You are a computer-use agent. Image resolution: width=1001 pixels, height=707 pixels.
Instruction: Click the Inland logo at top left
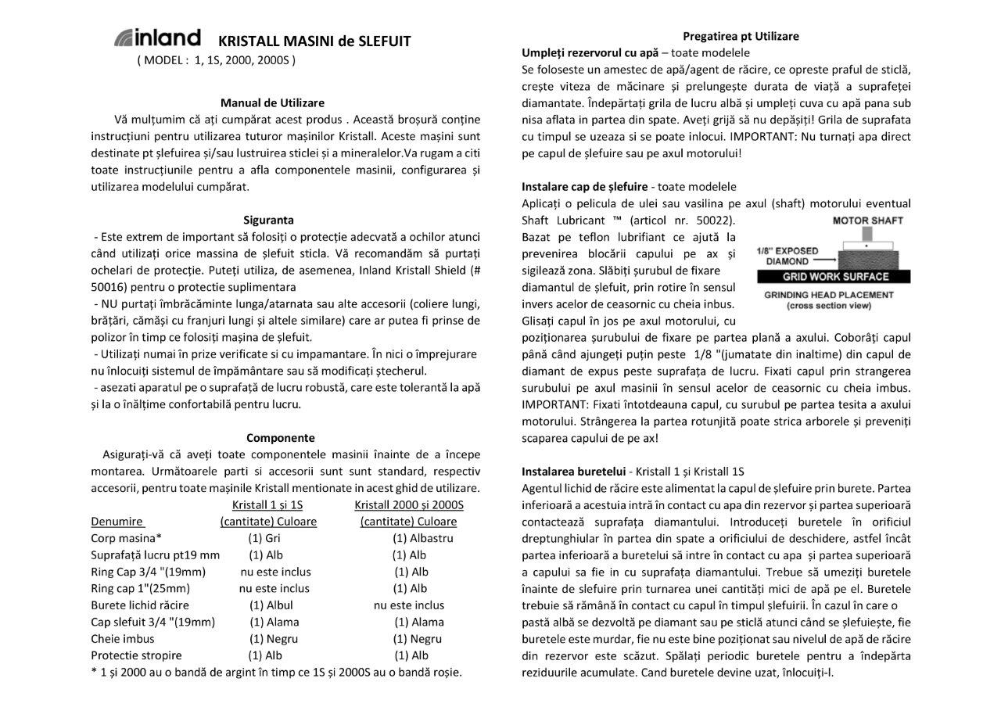pyautogui.click(x=157, y=38)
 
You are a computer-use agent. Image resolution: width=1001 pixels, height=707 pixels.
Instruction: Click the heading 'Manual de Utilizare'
pyautogui.click(x=272, y=102)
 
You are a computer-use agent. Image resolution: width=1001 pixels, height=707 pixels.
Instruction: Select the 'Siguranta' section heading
pyautogui.click(x=268, y=220)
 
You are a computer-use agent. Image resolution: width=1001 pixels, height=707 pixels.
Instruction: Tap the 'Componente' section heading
pyautogui.click(x=281, y=438)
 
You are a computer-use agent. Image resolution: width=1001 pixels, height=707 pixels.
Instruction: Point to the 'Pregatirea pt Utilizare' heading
pyautogui.click(x=741, y=36)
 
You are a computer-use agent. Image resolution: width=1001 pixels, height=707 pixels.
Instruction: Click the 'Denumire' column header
pyautogui.click(x=117, y=521)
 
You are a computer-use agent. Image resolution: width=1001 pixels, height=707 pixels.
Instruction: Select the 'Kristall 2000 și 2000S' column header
pyautogui.click(x=409, y=504)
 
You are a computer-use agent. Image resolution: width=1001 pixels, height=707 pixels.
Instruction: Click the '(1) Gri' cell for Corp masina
pyautogui.click(x=264, y=538)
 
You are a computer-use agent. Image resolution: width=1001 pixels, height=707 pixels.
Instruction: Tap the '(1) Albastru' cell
pyautogui.click(x=422, y=538)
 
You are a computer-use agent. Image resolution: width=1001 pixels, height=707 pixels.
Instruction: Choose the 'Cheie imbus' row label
pyautogui.click(x=123, y=639)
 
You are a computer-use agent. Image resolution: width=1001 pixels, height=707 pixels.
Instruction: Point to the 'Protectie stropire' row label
pyautogui.click(x=136, y=655)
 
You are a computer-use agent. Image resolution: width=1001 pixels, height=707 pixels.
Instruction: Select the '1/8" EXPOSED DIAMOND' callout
pyautogui.click(x=788, y=256)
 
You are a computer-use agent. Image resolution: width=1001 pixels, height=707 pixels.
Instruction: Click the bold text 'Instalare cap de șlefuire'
pyautogui.click(x=584, y=187)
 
